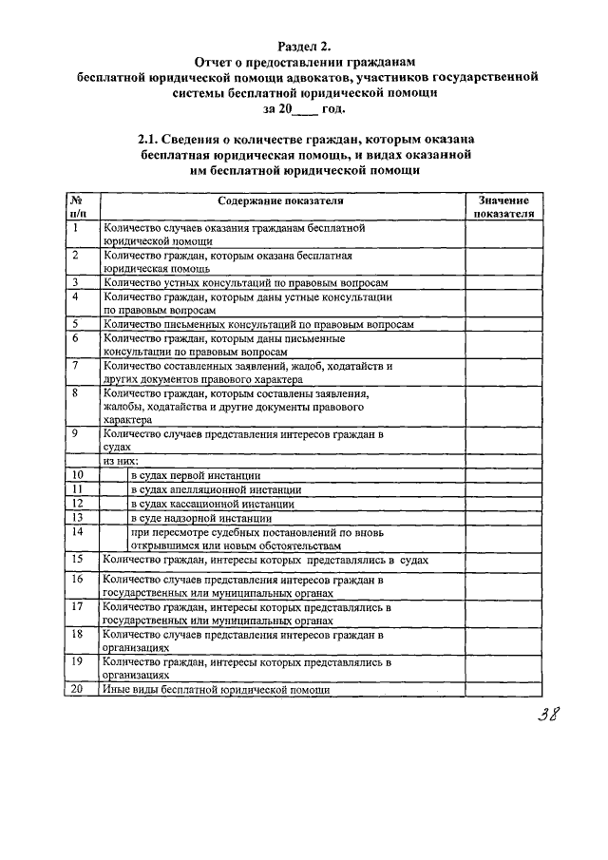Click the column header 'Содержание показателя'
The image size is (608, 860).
tap(280, 201)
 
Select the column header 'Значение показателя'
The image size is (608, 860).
tap(503, 207)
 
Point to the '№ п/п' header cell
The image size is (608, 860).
tap(76, 207)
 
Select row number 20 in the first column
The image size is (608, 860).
tap(77, 689)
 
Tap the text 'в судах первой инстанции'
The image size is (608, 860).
tap(196, 474)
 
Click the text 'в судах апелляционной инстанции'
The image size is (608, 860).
tap(211, 488)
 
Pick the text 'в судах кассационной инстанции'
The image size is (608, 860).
tap(211, 503)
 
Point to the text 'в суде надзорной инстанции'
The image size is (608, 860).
tap(201, 518)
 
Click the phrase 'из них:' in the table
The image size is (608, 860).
tap(123, 460)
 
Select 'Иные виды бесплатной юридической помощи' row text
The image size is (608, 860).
tap(216, 690)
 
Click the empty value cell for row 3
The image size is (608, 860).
tap(503, 282)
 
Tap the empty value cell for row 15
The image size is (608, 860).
tap(503, 561)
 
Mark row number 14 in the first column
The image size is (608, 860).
tap(78, 532)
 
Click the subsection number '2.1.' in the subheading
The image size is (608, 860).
tap(155, 139)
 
